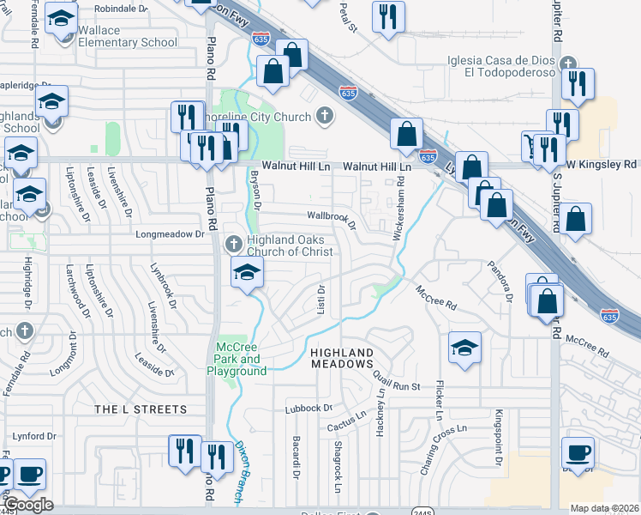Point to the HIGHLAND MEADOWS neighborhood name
click(x=342, y=360)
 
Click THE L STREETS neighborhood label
click(x=140, y=409)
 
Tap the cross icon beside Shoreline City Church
click(x=325, y=115)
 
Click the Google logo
click(x=29, y=504)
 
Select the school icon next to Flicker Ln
click(x=465, y=347)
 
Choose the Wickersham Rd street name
click(x=398, y=209)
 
